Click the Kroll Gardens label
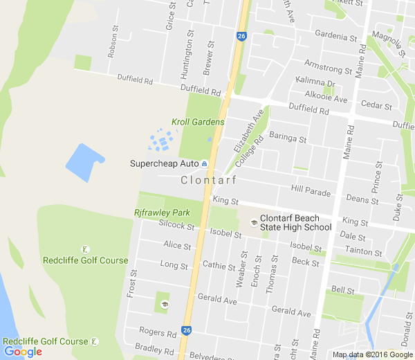[198, 122]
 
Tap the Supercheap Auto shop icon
[205, 163]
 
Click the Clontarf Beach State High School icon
[254, 222]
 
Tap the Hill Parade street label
[311, 189]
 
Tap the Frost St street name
[131, 284]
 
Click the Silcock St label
[176, 225]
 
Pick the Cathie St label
[219, 265]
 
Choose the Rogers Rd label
[158, 333]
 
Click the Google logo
[23, 352]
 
